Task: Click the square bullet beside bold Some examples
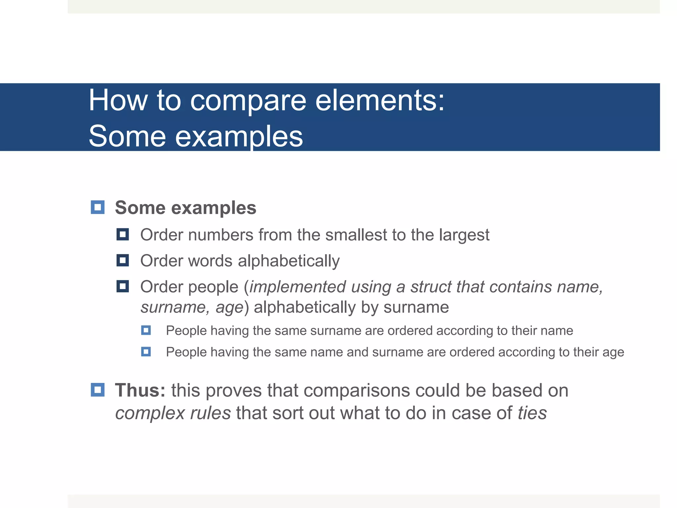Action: coord(98,207)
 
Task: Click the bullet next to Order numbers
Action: coord(123,235)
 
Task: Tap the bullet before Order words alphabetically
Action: coord(123,261)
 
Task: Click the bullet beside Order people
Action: coord(123,286)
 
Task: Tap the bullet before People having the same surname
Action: coord(146,330)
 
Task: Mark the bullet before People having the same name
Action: coord(146,352)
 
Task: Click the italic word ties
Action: coord(532,413)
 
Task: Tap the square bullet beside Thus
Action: coord(98,390)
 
